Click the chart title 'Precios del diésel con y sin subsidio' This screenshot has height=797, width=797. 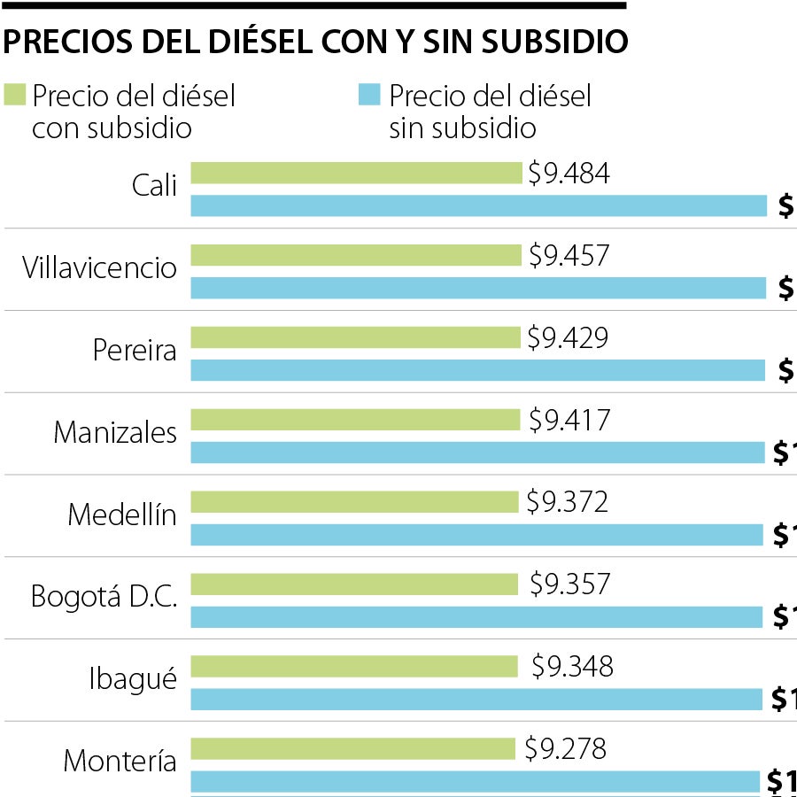click(316, 42)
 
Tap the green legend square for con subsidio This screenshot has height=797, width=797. click(16, 95)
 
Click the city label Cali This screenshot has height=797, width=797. click(154, 186)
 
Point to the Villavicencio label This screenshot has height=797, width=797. click(100, 267)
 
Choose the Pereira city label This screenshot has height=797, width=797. click(135, 350)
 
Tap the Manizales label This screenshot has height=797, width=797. click(115, 432)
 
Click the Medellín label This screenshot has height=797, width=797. click(122, 515)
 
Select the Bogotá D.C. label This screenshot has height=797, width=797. click(104, 596)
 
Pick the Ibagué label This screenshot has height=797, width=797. click(133, 679)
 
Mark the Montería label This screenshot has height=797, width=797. click(120, 761)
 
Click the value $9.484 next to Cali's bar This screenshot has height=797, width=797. click(569, 174)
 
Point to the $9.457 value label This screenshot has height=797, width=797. click(569, 256)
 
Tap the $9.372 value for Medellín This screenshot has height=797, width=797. click(567, 502)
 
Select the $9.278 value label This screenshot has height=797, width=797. click(565, 749)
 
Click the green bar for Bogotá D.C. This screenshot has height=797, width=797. click(354, 584)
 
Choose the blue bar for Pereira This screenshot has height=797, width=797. click(478, 370)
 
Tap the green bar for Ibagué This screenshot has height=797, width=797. click(354, 666)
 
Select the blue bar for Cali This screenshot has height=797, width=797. click(478, 205)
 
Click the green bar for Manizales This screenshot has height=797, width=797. click(355, 420)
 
